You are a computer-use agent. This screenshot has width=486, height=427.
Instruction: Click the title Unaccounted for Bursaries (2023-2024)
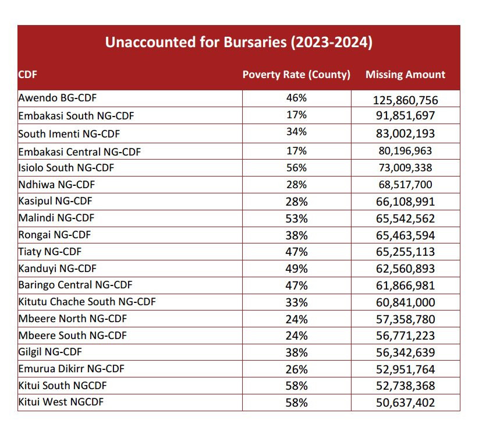238,43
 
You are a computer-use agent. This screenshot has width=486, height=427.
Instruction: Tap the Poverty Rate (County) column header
296,75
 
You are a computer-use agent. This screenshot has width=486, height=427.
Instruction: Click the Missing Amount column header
405,75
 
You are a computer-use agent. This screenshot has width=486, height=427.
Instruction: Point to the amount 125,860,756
405,100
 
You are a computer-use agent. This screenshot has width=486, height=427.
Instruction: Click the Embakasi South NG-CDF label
76,115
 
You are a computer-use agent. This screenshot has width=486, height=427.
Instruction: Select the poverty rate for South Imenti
296,133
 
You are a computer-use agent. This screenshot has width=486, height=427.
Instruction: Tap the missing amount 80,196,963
405,151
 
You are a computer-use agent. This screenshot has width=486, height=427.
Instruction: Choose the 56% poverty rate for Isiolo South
296,168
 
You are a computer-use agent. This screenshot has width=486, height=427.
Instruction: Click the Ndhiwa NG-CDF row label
56,185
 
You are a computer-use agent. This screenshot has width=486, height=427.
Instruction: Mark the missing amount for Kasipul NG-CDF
405,202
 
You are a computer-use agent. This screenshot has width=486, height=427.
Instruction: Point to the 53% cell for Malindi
296,218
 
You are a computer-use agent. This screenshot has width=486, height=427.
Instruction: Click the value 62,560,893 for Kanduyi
405,270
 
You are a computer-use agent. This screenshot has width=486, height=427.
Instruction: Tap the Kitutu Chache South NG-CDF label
87,302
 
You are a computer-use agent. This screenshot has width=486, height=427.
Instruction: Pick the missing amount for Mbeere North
405,319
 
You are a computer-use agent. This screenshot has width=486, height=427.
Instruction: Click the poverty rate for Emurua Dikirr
296,369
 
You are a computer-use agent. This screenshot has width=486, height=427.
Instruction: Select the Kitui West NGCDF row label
63,402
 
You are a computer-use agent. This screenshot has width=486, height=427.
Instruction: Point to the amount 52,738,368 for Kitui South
405,386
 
